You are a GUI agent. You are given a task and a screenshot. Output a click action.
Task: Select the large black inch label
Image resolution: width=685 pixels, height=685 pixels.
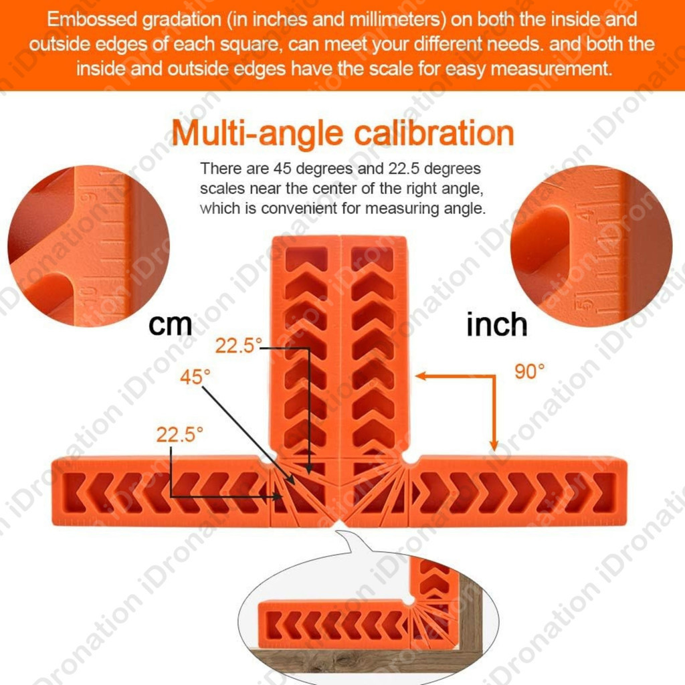pos(496,325)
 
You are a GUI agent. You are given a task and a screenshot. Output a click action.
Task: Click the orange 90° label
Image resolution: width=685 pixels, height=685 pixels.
pos(530,372)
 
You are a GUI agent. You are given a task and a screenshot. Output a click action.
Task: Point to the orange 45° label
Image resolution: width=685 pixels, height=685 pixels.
pos(195,377)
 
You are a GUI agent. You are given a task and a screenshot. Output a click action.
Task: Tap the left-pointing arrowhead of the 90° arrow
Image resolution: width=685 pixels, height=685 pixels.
pos(420,376)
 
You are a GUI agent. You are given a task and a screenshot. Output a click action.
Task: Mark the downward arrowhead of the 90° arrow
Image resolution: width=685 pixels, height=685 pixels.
pos(494,445)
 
